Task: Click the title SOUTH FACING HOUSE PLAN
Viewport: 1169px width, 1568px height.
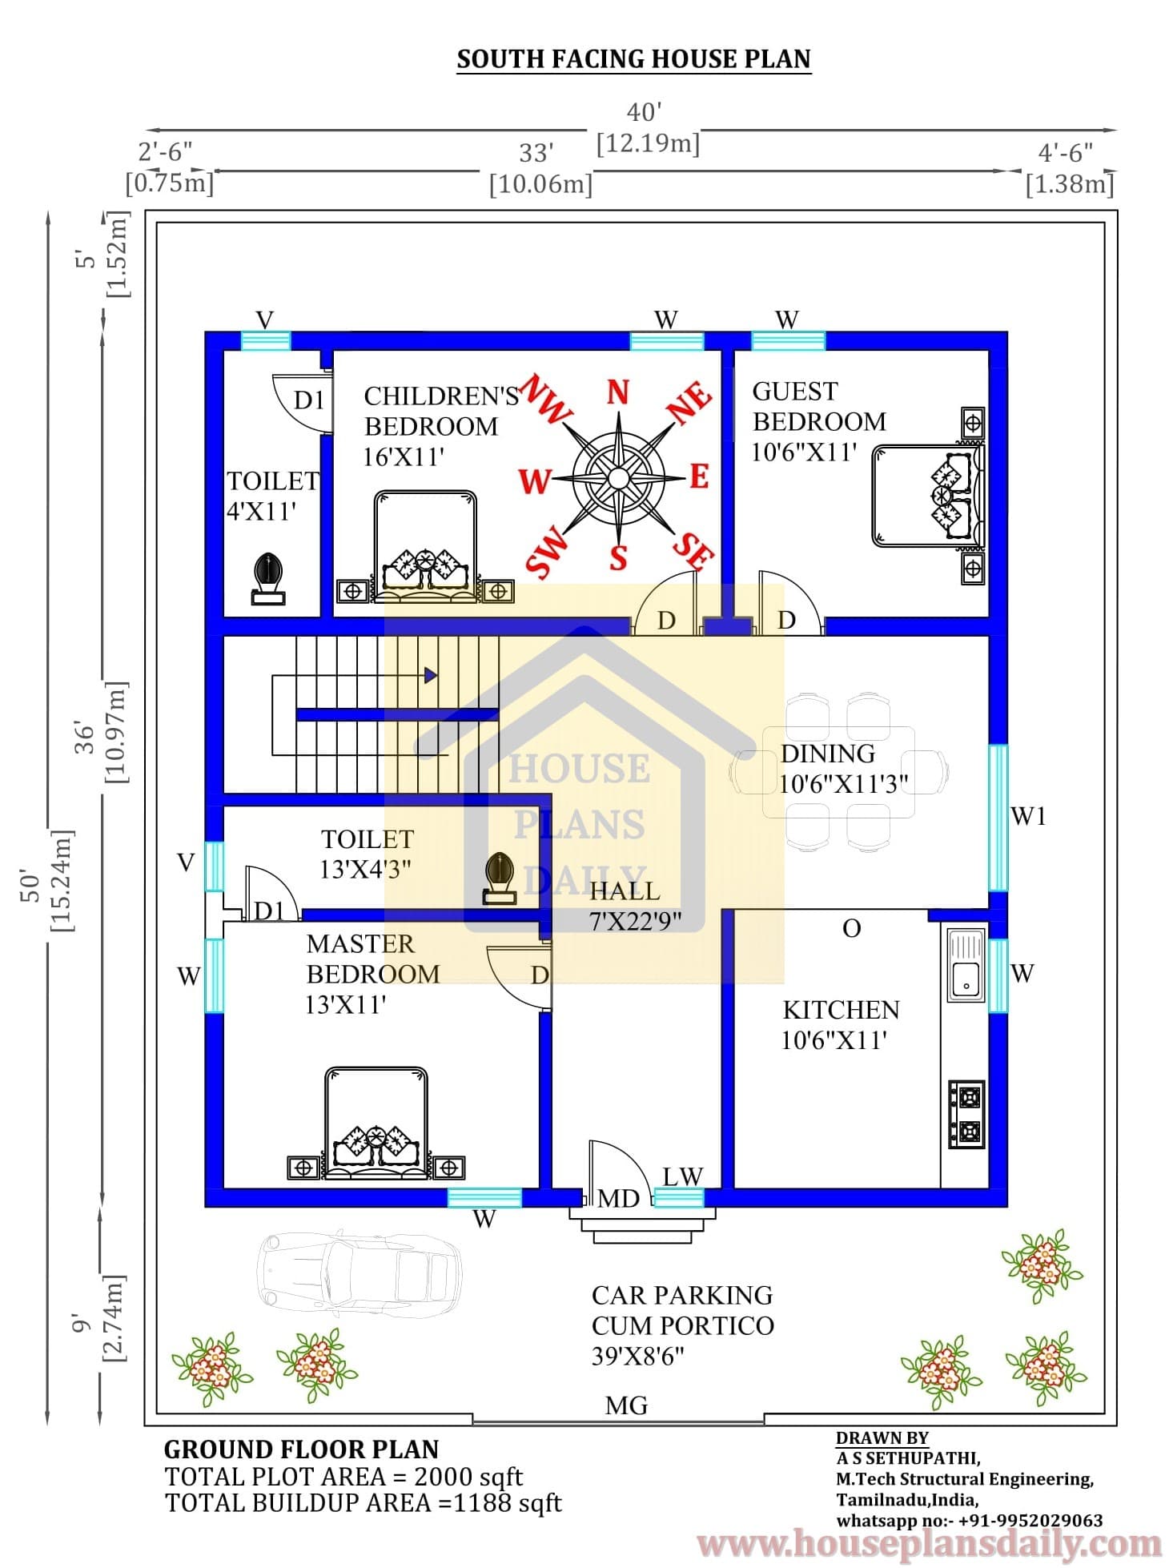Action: pos(633,59)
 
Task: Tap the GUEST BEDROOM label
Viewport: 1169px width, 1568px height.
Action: pos(818,406)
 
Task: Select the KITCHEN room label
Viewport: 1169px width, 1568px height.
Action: pos(841,1009)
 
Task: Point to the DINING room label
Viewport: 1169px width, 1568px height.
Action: pos(827,754)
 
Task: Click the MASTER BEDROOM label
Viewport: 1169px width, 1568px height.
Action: pos(372,959)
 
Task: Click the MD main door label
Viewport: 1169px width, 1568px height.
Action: pos(619,1198)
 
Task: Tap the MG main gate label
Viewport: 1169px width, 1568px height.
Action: pos(626,1405)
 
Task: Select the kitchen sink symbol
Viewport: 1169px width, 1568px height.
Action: pos(966,965)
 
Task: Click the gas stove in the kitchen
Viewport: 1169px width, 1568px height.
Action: pos(966,1114)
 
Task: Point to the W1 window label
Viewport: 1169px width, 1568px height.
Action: pos(1029,816)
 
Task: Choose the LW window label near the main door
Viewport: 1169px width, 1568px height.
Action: pos(682,1176)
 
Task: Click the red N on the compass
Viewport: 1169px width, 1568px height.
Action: pos(617,392)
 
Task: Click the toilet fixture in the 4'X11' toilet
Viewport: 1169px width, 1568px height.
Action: pos(268,578)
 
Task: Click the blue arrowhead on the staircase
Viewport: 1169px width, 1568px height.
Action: pos(431,675)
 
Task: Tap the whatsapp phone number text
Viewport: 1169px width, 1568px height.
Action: pos(969,1520)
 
